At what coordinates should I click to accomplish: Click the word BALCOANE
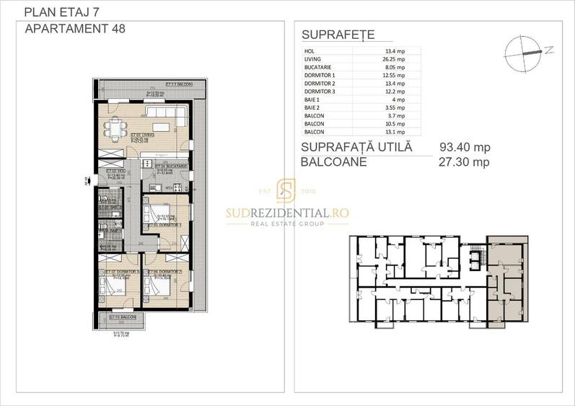click(x=335, y=162)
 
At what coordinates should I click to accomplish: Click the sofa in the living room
click(x=165, y=112)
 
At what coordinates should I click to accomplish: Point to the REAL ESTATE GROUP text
click(x=286, y=224)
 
